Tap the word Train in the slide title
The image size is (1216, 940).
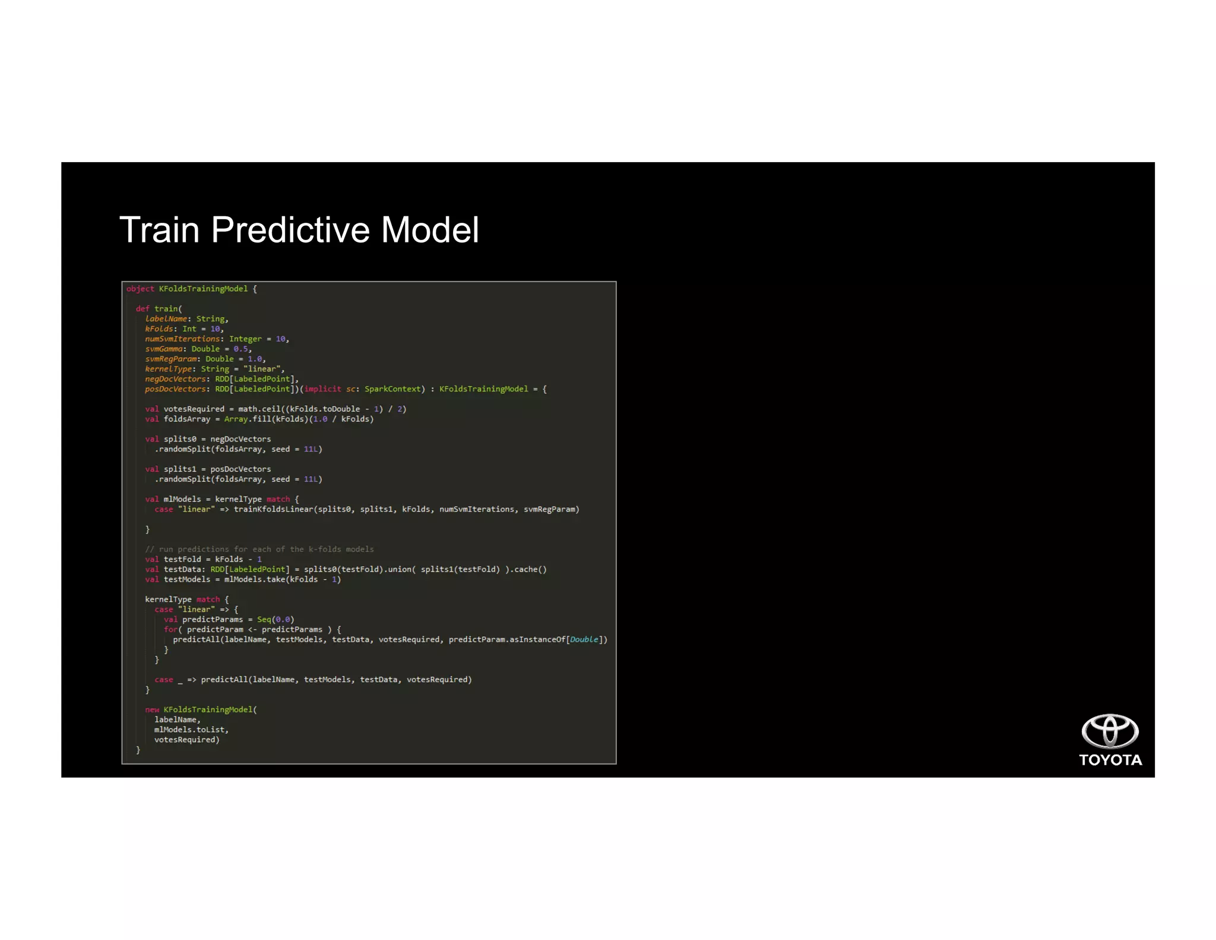pyautogui.click(x=159, y=230)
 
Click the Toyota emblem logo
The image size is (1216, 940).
pyautogui.click(x=1109, y=731)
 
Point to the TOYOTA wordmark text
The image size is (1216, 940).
pyautogui.click(x=1110, y=760)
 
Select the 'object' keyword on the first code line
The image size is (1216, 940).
pyautogui.click(x=140, y=289)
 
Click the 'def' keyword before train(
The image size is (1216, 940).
pyautogui.click(x=142, y=309)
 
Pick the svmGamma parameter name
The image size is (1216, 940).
pyautogui.click(x=163, y=349)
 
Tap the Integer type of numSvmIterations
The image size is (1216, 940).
pyautogui.click(x=245, y=339)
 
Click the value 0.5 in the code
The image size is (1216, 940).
pyautogui.click(x=240, y=349)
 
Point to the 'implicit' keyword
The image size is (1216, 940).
pyautogui.click(x=322, y=389)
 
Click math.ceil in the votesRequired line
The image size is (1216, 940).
pyautogui.click(x=258, y=409)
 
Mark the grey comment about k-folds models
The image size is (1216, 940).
pyautogui.click(x=259, y=549)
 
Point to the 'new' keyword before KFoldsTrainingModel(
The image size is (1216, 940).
pyautogui.click(x=152, y=709)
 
